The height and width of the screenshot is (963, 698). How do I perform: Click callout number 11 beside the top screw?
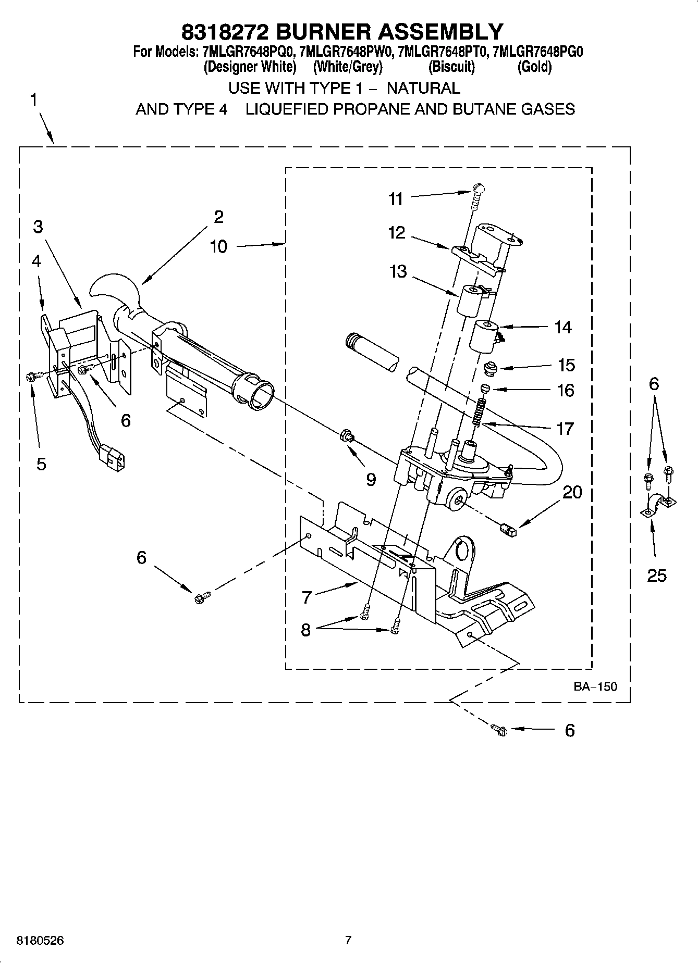click(x=396, y=199)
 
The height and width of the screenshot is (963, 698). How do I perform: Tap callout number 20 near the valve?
click(x=572, y=492)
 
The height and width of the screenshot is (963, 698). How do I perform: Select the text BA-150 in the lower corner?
click(x=595, y=686)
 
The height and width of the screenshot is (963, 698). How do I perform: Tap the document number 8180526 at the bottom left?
click(x=40, y=940)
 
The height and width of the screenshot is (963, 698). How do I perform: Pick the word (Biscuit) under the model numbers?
click(x=451, y=67)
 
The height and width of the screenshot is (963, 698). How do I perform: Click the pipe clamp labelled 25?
click(x=658, y=505)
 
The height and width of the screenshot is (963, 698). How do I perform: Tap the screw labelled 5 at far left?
click(x=31, y=376)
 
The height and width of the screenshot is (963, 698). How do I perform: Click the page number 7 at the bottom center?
click(x=348, y=940)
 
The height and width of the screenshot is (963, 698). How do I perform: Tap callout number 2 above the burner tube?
click(x=218, y=217)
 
